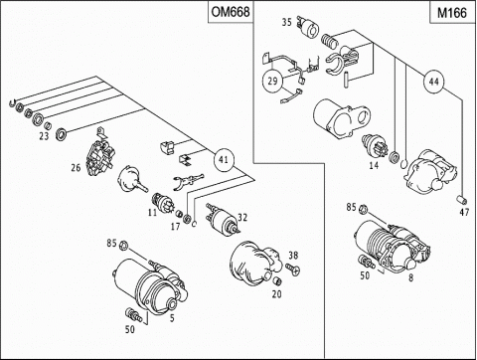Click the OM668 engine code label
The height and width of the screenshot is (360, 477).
(x=231, y=12)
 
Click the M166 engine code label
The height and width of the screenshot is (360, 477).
(x=452, y=13)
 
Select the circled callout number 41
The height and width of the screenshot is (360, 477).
(x=224, y=160)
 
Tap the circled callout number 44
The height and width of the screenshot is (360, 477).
(x=433, y=82)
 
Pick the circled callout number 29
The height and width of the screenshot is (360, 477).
(x=272, y=81)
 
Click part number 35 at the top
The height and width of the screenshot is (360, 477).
(x=287, y=22)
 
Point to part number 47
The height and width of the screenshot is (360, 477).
(x=464, y=212)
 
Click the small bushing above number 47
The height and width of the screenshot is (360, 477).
(x=462, y=200)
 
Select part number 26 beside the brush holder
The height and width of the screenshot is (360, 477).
(x=76, y=168)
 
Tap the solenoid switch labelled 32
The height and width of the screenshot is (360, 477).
(x=222, y=220)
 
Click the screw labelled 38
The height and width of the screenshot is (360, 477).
(x=293, y=269)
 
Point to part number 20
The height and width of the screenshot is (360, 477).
(x=277, y=293)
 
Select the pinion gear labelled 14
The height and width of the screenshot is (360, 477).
(x=372, y=145)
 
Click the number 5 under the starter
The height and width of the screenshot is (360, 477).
(x=172, y=318)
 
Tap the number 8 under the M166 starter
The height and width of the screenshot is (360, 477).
(x=410, y=277)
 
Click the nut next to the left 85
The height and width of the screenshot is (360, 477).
(x=123, y=246)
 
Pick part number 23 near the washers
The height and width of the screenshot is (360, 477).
(x=44, y=136)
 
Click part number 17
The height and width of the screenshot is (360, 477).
(x=175, y=227)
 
